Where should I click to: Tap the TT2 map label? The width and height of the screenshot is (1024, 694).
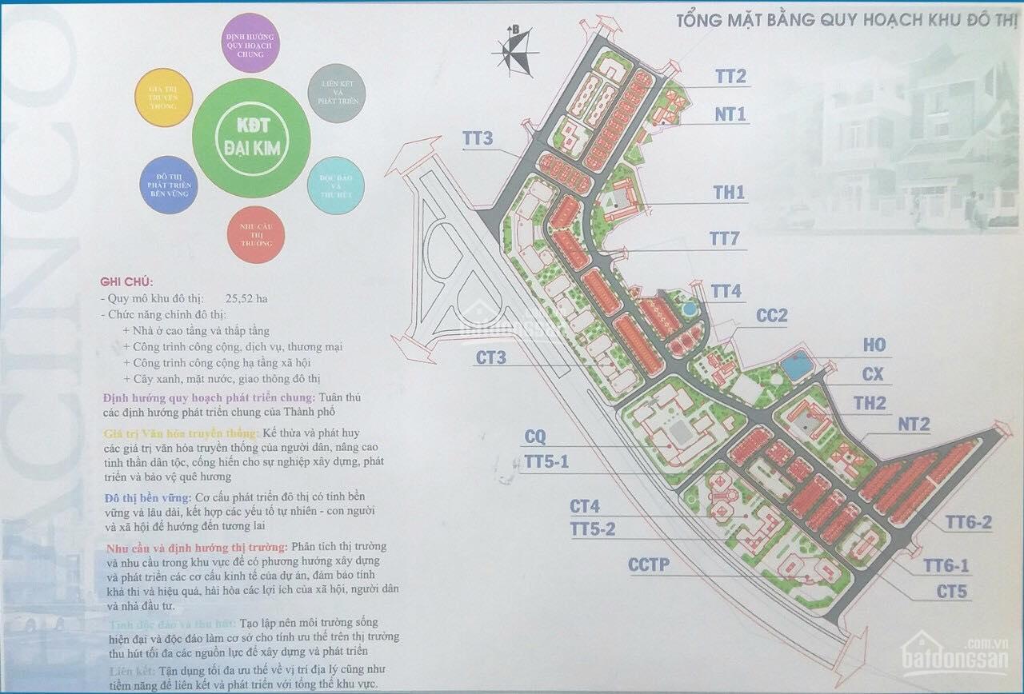[x=730, y=77]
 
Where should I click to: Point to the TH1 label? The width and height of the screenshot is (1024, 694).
[x=729, y=193]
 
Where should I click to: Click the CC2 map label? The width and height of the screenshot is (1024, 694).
[x=772, y=316]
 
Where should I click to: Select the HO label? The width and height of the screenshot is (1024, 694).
[x=874, y=345]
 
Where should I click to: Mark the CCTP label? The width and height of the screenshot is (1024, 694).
[x=648, y=565]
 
